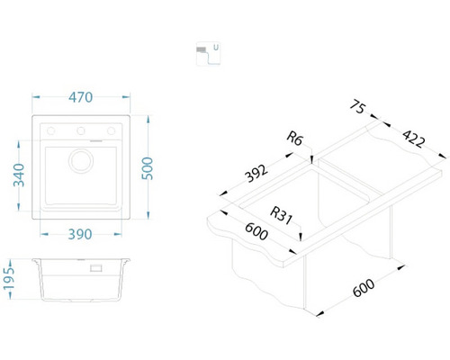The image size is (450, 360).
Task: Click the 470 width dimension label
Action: [81, 97]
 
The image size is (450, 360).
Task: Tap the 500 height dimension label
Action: [148, 168]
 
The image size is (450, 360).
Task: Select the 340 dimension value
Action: [19, 175]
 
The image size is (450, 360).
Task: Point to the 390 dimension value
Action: [80, 234]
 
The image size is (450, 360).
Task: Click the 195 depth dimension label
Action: [9, 279]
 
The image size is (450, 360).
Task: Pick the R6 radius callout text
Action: [294, 139]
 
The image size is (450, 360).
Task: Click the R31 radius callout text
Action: [281, 215]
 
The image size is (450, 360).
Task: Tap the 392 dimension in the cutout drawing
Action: [256, 174]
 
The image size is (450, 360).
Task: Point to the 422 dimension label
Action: [413, 139]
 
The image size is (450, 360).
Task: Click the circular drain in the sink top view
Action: [81, 161]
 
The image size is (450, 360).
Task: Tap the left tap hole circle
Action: [51, 130]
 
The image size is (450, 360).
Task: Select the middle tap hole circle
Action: [81, 130]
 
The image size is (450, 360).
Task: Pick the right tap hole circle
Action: [112, 130]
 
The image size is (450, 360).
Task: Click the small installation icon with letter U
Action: [208, 53]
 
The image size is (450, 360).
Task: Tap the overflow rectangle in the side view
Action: [96, 268]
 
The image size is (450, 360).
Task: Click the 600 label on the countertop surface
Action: [256, 231]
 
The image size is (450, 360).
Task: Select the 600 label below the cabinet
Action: [364, 288]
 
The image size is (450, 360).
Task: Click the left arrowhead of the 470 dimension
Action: [36, 97]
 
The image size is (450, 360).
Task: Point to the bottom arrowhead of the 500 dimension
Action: [148, 215]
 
